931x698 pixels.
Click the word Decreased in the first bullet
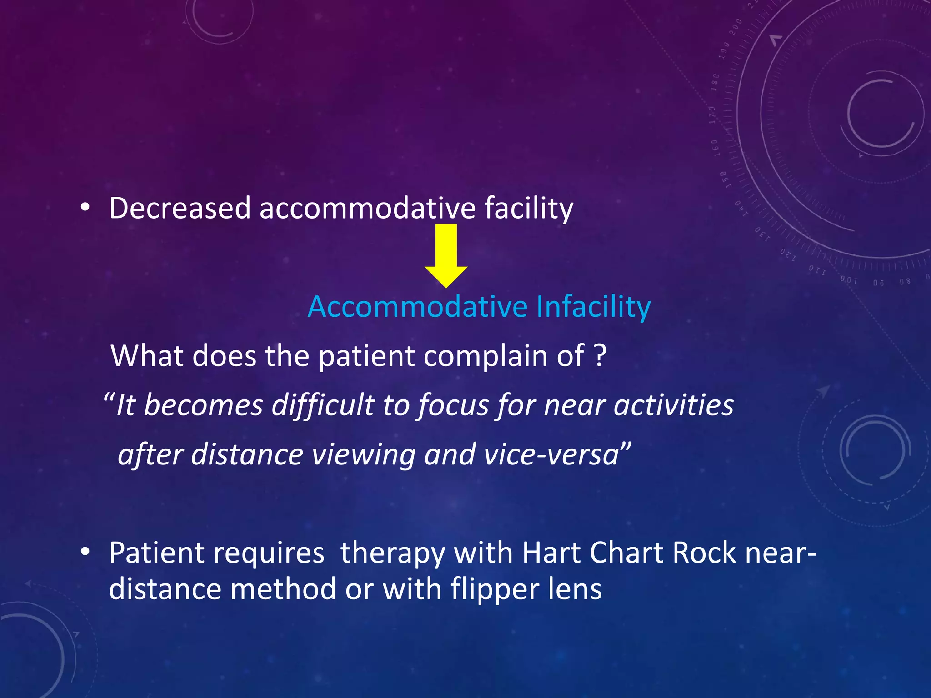[180, 209]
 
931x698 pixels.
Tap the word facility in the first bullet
[528, 209]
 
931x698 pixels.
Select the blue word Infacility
[593, 307]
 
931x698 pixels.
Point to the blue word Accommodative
[417, 307]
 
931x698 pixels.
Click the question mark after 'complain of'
[600, 355]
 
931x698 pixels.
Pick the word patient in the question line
[366, 355]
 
